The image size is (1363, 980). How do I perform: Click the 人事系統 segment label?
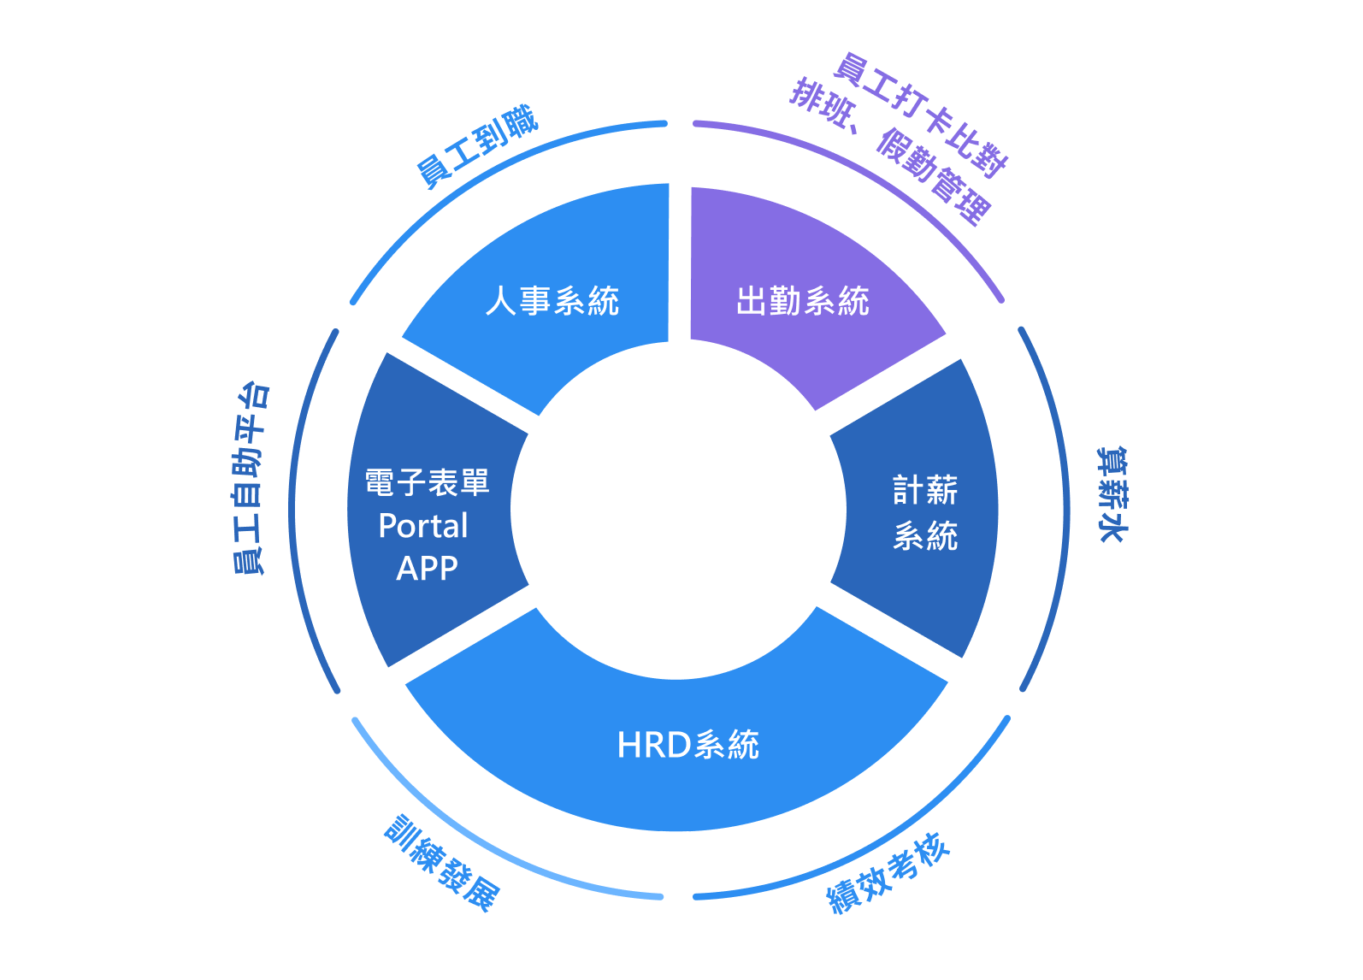pyautogui.click(x=552, y=301)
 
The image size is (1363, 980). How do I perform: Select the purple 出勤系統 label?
pyautogui.click(x=803, y=301)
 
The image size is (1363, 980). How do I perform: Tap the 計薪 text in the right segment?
pyautogui.click(x=925, y=490)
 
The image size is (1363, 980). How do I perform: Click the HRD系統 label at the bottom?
pyautogui.click(x=688, y=745)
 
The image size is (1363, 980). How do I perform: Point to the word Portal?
pyautogui.click(x=423, y=526)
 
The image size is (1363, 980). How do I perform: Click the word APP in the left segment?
pyautogui.click(x=427, y=569)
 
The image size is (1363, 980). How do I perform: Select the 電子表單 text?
pyautogui.click(x=427, y=483)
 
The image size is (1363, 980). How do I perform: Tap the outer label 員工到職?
pyautogui.click(x=477, y=146)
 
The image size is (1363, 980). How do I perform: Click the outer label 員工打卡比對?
pyautogui.click(x=922, y=115)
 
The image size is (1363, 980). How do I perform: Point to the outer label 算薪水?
pyautogui.click(x=1112, y=494)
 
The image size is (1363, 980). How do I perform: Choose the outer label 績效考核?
pyautogui.click(x=888, y=873)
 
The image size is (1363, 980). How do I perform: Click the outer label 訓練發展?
pyautogui.click(x=442, y=864)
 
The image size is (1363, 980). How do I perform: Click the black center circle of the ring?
pyautogui.click(x=678, y=511)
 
